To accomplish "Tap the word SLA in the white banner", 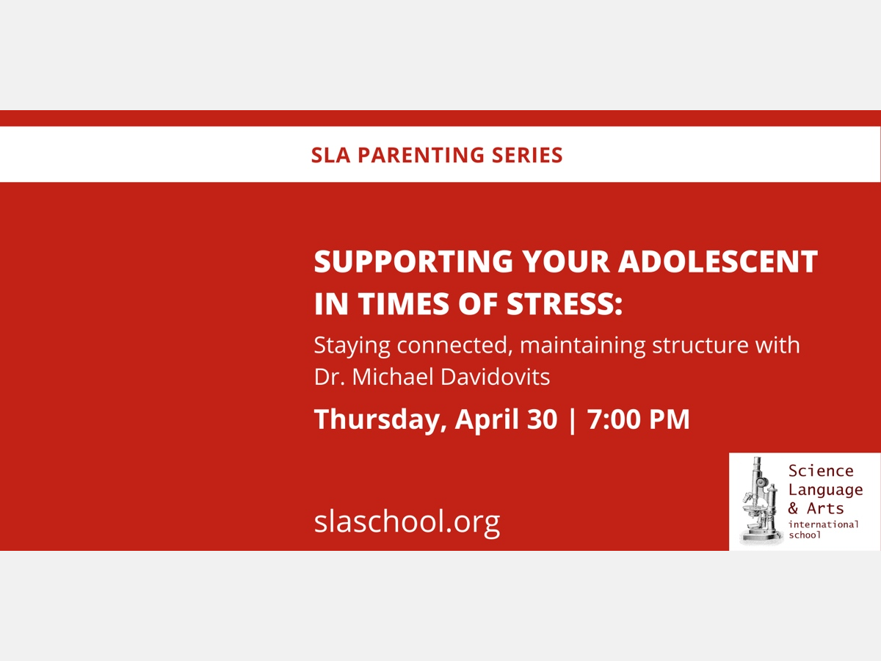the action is pos(330,155).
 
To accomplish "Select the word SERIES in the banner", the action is pos(527,155).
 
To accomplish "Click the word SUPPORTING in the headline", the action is pos(413,261).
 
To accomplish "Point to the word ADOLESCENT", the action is pos(718,261).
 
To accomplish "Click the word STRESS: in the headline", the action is pos(565,304).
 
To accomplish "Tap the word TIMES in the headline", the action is pos(403,304).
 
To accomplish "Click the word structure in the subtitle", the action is pos(700,345).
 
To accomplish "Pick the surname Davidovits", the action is pos(496,378).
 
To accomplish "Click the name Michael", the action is pos(393,378).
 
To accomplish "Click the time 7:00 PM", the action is pos(639,419).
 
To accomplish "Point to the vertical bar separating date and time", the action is pos(573,421).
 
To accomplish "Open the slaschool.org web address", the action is pos(407,521).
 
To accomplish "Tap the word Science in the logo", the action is pos(821,471).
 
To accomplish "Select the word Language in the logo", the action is pos(826,491).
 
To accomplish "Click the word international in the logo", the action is pos(824,524).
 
